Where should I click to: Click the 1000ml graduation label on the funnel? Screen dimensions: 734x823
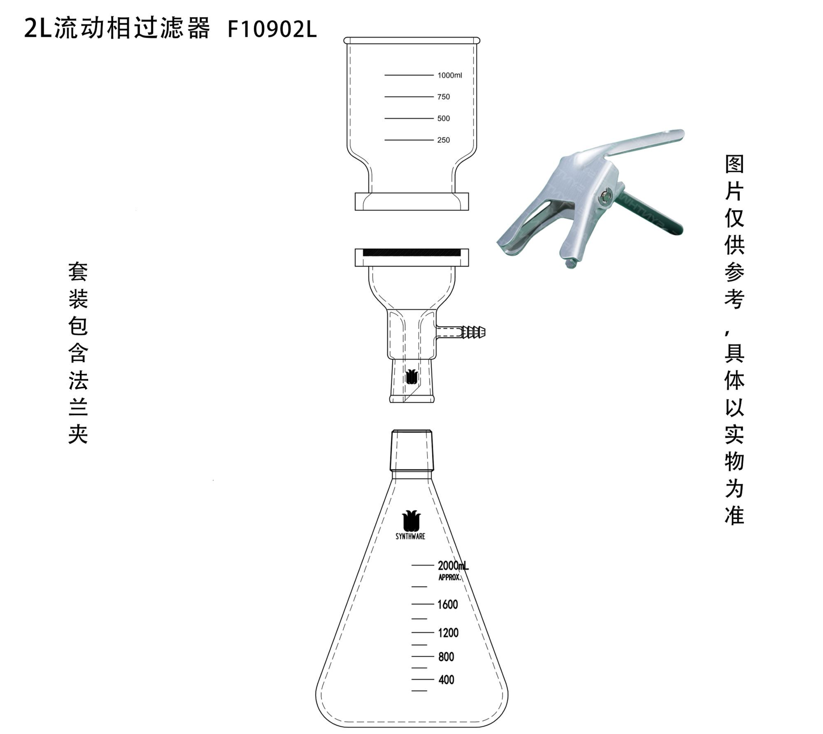449,75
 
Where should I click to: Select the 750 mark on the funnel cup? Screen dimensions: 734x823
444,97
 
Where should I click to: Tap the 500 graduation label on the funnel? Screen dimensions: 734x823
444,118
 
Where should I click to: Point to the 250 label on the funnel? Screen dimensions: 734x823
444,140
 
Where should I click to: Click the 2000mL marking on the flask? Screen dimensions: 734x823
453,565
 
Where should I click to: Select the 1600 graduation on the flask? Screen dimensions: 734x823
447,604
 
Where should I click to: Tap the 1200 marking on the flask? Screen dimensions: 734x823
448,632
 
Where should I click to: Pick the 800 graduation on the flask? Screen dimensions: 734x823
446,656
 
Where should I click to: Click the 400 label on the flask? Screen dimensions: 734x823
446,679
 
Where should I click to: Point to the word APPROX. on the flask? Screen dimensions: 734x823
449,577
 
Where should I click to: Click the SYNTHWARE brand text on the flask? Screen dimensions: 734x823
410,537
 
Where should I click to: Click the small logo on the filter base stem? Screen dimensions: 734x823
411,376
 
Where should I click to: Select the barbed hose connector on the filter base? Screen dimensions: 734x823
473,332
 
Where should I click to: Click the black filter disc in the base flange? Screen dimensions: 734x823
411,252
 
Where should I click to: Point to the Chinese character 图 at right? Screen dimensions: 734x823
735,164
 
